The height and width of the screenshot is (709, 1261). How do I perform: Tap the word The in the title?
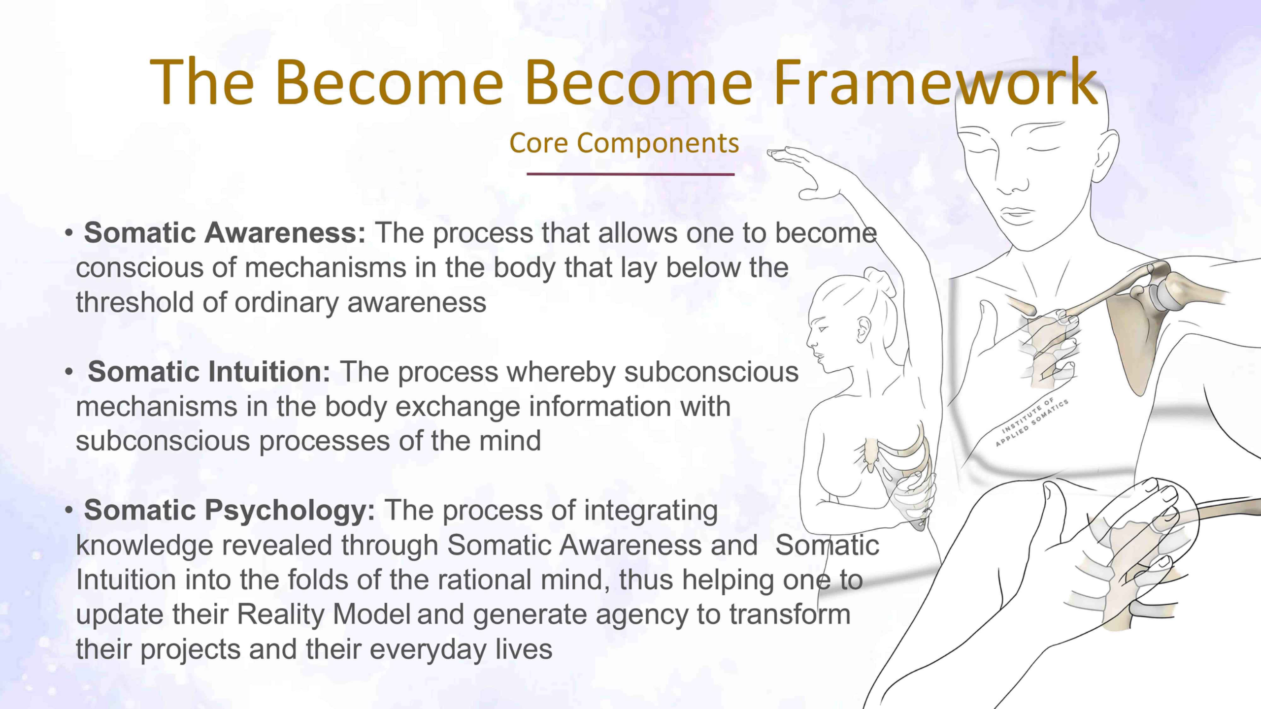pyautogui.click(x=202, y=82)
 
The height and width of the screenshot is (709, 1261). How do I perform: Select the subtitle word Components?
pyautogui.click(x=658, y=144)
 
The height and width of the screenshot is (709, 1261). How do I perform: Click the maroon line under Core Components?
pyautogui.click(x=630, y=174)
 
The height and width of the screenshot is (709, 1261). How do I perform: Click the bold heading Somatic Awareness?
pyautogui.click(x=225, y=232)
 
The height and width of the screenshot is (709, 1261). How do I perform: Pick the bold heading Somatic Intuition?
pyautogui.click(x=209, y=371)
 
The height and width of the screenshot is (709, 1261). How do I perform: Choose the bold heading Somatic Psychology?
pyautogui.click(x=230, y=511)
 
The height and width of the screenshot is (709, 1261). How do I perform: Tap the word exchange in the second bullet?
pyautogui.click(x=458, y=407)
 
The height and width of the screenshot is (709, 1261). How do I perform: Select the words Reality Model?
pyautogui.click(x=324, y=614)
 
